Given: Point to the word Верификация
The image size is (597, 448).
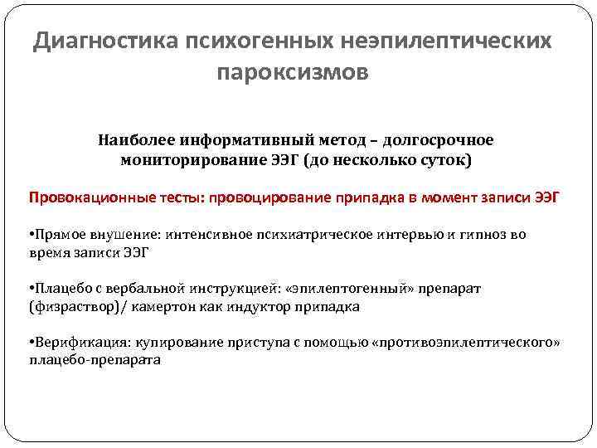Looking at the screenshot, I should click(x=72, y=343).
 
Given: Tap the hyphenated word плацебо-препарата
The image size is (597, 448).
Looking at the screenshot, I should click(x=95, y=361).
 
